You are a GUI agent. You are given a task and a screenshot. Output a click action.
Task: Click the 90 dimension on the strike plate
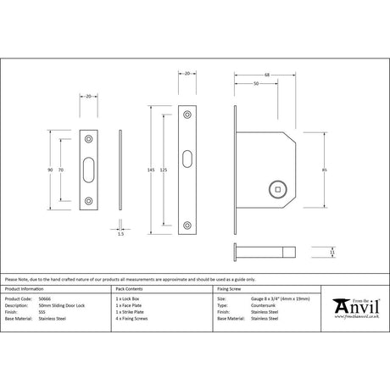pos(51,170)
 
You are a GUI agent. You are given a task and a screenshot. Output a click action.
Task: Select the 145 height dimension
pos(152,170)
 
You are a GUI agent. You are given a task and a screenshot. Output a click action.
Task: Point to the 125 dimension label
pos(163,170)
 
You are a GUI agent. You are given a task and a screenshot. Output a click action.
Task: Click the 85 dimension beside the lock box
pos(326,170)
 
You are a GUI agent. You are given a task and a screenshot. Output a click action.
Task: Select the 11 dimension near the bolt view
pos(332,251)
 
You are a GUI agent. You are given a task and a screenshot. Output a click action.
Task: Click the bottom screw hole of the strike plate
pos(89,202)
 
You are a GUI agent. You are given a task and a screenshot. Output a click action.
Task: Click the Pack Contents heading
pos(128,288)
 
